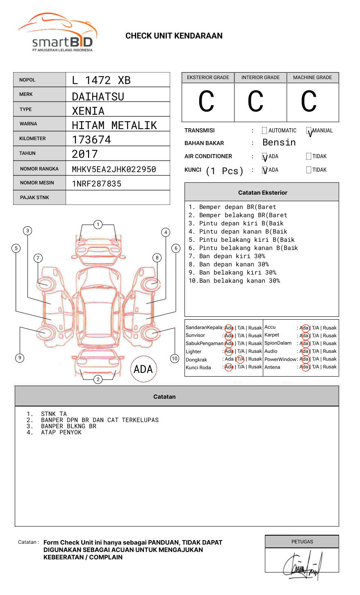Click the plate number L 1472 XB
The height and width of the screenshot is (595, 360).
[x=101, y=80]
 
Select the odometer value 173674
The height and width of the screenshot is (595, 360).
[x=91, y=140]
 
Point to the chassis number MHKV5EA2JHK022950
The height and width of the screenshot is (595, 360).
[x=114, y=169]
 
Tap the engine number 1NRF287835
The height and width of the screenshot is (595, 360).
[x=97, y=184]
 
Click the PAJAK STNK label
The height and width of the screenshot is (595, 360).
[x=34, y=198]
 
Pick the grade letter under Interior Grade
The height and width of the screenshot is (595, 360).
[x=255, y=102]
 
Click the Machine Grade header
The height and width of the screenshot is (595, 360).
[x=312, y=77]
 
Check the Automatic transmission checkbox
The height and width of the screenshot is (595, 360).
[x=264, y=131]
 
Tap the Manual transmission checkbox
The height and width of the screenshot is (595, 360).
[x=309, y=131]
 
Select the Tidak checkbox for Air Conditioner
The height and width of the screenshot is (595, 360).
[x=309, y=157]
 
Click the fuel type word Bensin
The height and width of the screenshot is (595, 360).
[x=279, y=143]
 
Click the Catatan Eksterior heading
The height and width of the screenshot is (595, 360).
[x=262, y=193]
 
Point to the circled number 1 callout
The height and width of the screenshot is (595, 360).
[x=98, y=225]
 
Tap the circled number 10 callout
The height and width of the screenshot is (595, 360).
[x=175, y=359]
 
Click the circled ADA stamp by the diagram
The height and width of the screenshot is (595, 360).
[x=143, y=369]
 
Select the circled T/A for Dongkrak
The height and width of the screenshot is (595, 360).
[x=240, y=359]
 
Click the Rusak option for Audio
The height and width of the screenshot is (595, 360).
[x=330, y=351]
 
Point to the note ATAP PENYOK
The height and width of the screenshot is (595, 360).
[x=61, y=433]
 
